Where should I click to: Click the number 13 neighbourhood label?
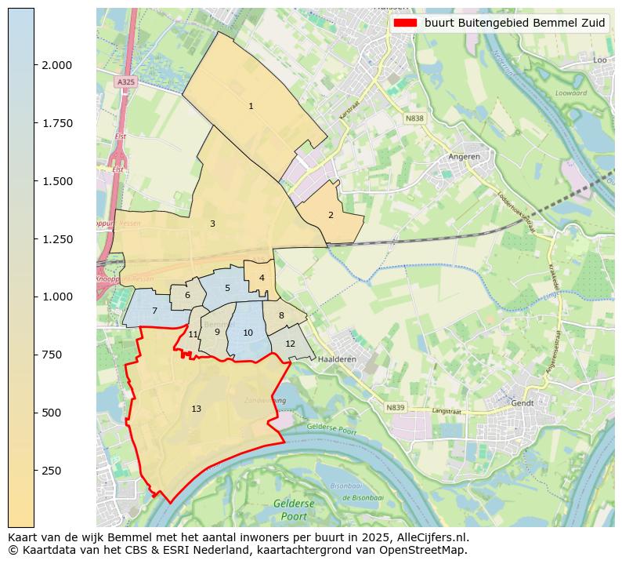[x=196, y=409]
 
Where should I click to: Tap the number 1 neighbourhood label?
[x=251, y=106]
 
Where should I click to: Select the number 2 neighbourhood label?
[x=331, y=215]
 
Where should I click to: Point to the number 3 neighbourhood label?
[x=212, y=224]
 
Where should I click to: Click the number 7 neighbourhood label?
[x=154, y=311]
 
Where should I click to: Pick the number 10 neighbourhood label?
[x=248, y=333]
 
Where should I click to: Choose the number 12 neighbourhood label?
[x=290, y=344]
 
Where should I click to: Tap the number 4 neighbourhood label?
[x=262, y=278]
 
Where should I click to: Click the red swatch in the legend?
[x=407, y=23]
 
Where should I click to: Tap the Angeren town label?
[x=464, y=156]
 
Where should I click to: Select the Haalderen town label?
[x=338, y=358]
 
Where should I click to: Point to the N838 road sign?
[x=414, y=118]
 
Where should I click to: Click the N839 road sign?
[x=396, y=407]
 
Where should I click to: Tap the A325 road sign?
[x=125, y=82]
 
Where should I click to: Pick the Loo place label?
[x=600, y=60]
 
